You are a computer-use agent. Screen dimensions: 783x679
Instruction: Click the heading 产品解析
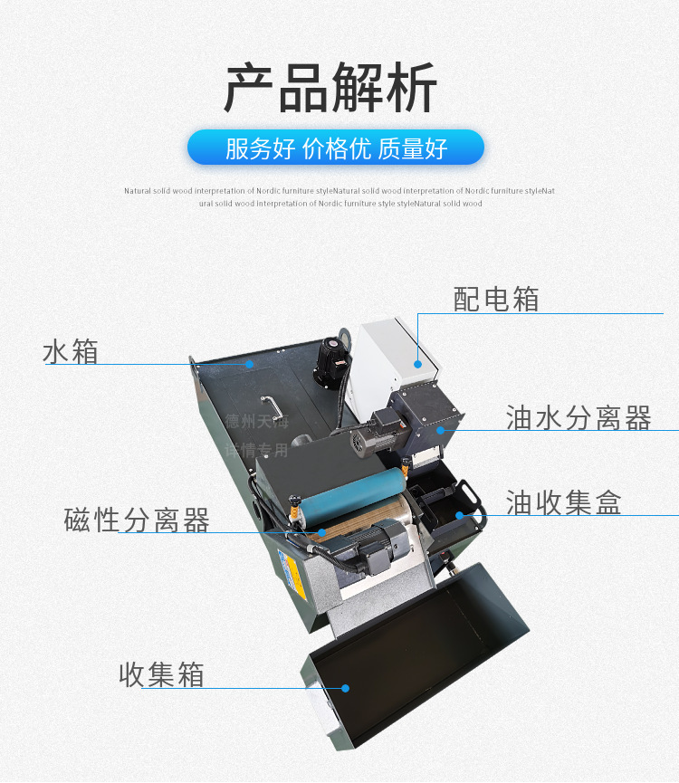(x=330, y=89)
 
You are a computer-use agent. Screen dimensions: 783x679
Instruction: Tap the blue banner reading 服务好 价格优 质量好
(x=336, y=148)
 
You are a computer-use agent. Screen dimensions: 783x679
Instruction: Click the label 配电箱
(x=496, y=299)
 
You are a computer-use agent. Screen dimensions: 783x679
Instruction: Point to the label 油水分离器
(x=579, y=418)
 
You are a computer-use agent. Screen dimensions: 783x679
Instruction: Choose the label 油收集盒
(x=563, y=502)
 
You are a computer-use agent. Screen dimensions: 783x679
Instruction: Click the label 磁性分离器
(x=137, y=520)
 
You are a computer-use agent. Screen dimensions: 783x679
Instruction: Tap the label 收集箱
(x=161, y=674)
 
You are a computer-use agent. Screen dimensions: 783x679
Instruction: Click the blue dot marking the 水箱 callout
(x=251, y=364)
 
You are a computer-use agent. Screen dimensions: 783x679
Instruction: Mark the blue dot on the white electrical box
(x=418, y=363)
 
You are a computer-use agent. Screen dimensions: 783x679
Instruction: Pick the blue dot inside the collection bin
(x=346, y=688)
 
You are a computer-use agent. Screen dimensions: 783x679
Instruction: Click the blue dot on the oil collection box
(x=459, y=515)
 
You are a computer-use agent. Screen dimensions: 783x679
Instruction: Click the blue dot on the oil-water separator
(x=441, y=431)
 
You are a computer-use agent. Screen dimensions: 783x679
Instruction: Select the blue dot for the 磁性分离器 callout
(x=320, y=532)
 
